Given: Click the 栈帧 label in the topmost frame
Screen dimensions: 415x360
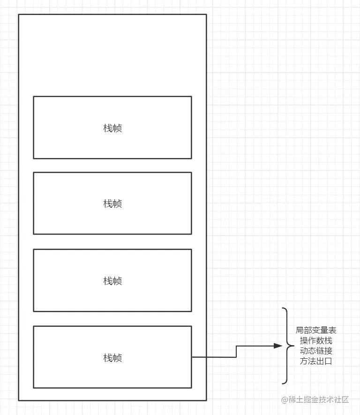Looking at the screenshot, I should point(112,128).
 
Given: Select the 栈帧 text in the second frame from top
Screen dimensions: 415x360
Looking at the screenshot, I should point(112,204).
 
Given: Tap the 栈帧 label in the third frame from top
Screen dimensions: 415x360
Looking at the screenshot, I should point(112,281).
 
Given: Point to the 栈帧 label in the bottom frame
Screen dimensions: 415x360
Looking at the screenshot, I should point(112,358).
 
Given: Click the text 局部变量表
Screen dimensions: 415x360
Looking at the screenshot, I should point(316,330).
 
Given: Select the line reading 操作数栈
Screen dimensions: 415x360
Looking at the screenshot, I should point(316,340).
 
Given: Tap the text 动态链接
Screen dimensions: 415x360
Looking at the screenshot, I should point(316,351).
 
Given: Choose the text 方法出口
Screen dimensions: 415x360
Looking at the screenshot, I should point(316,361).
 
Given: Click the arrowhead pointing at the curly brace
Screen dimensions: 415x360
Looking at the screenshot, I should point(278,347).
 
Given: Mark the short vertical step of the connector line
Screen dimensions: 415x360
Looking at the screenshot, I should point(236,352).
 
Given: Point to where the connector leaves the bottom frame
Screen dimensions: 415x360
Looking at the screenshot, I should point(192,357).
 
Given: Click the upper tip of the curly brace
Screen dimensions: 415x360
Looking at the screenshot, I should point(283,309).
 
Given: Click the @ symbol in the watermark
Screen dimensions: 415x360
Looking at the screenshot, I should point(284,400).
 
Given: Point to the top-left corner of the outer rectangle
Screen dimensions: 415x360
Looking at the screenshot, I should point(19,15).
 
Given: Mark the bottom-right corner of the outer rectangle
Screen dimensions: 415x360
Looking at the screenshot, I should point(206,400).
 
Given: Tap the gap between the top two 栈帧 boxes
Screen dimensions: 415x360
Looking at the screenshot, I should point(112,166).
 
